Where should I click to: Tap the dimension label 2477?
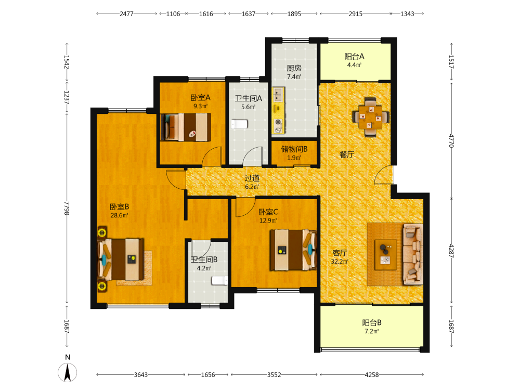pyautogui.click(x=126, y=14)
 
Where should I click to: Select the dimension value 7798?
pyautogui.click(x=67, y=208)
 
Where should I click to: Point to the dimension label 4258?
pyautogui.click(x=371, y=375)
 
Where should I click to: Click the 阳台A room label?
pyautogui.click(x=354, y=56)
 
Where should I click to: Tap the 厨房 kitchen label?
pyautogui.click(x=294, y=68)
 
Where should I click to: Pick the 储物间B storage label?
pyautogui.click(x=294, y=149)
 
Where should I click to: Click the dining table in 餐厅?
pyautogui.click(x=370, y=117)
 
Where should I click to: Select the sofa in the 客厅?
pyautogui.click(x=413, y=254)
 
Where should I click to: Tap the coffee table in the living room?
pyautogui.click(x=386, y=255)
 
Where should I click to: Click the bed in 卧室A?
pyautogui.click(x=186, y=127)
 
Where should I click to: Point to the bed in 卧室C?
pyautogui.click(x=293, y=250)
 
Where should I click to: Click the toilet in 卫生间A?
pyautogui.click(x=239, y=124)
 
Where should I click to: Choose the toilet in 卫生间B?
pyautogui.click(x=220, y=281)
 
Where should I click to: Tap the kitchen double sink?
pyautogui.click(x=278, y=95)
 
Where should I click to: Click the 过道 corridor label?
pyautogui.click(x=252, y=178)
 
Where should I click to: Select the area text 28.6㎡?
pyautogui.click(x=120, y=215)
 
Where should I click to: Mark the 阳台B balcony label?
pyautogui.click(x=372, y=323)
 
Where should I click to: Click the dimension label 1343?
pyautogui.click(x=407, y=14)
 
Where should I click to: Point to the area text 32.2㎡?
pyautogui.click(x=340, y=262)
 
